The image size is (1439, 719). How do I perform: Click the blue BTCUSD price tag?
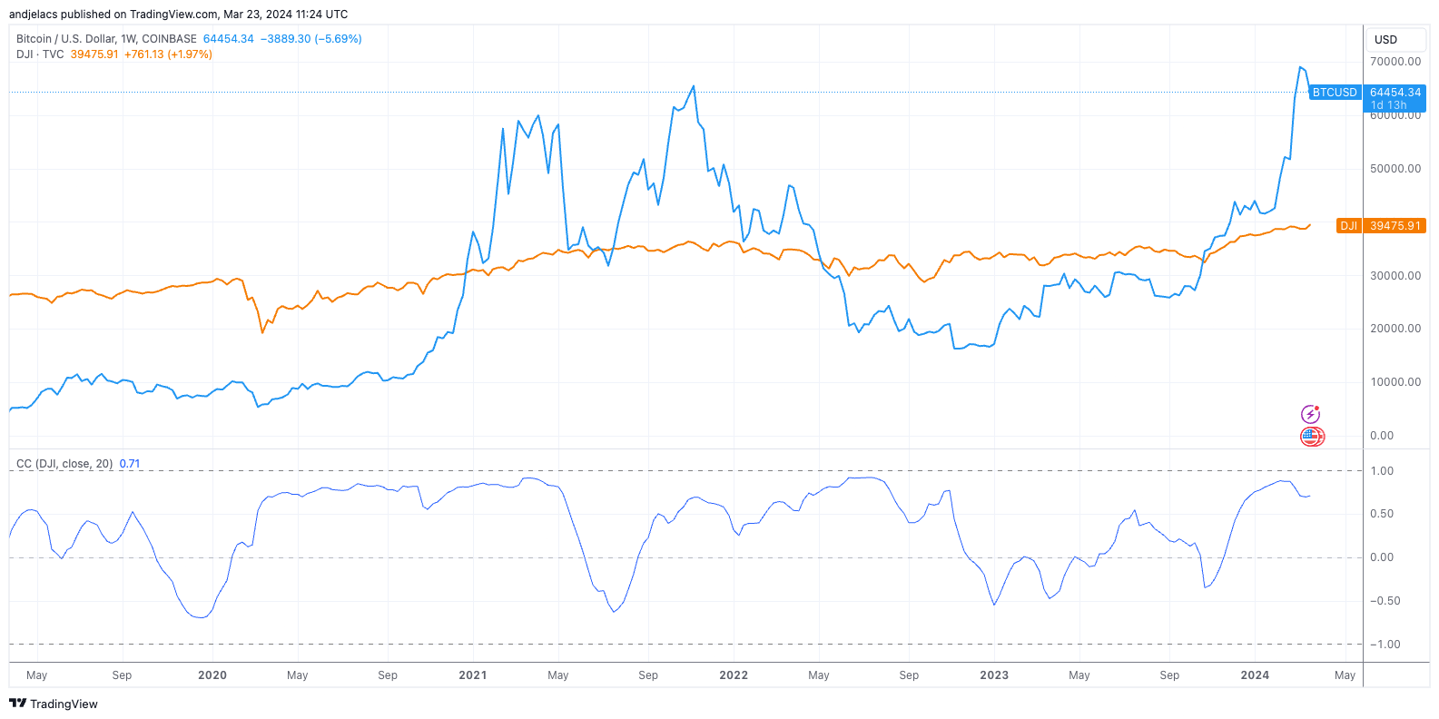click(1334, 93)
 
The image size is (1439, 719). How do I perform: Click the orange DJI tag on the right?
click(1348, 226)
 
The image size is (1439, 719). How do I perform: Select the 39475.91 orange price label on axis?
click(1395, 226)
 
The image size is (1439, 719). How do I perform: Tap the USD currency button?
click(1385, 40)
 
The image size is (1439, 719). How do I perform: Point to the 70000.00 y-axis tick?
click(1395, 62)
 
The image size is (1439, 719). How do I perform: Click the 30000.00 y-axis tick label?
click(1395, 276)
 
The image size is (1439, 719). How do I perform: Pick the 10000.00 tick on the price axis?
click(1395, 382)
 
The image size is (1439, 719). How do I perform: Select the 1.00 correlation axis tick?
click(1382, 471)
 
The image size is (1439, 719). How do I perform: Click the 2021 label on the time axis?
click(472, 675)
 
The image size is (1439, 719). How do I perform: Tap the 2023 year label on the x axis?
click(994, 675)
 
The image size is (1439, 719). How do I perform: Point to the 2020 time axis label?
click(212, 675)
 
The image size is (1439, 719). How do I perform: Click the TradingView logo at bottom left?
click(54, 704)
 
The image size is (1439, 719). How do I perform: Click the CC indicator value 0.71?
click(130, 464)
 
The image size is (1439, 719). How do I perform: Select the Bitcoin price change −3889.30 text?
click(285, 39)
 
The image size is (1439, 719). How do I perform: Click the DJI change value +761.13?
click(143, 54)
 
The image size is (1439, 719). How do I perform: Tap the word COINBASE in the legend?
click(169, 39)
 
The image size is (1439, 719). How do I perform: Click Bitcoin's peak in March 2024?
click(1300, 67)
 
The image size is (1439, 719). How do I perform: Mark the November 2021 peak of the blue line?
click(694, 86)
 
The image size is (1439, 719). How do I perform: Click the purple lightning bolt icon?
click(1310, 414)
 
